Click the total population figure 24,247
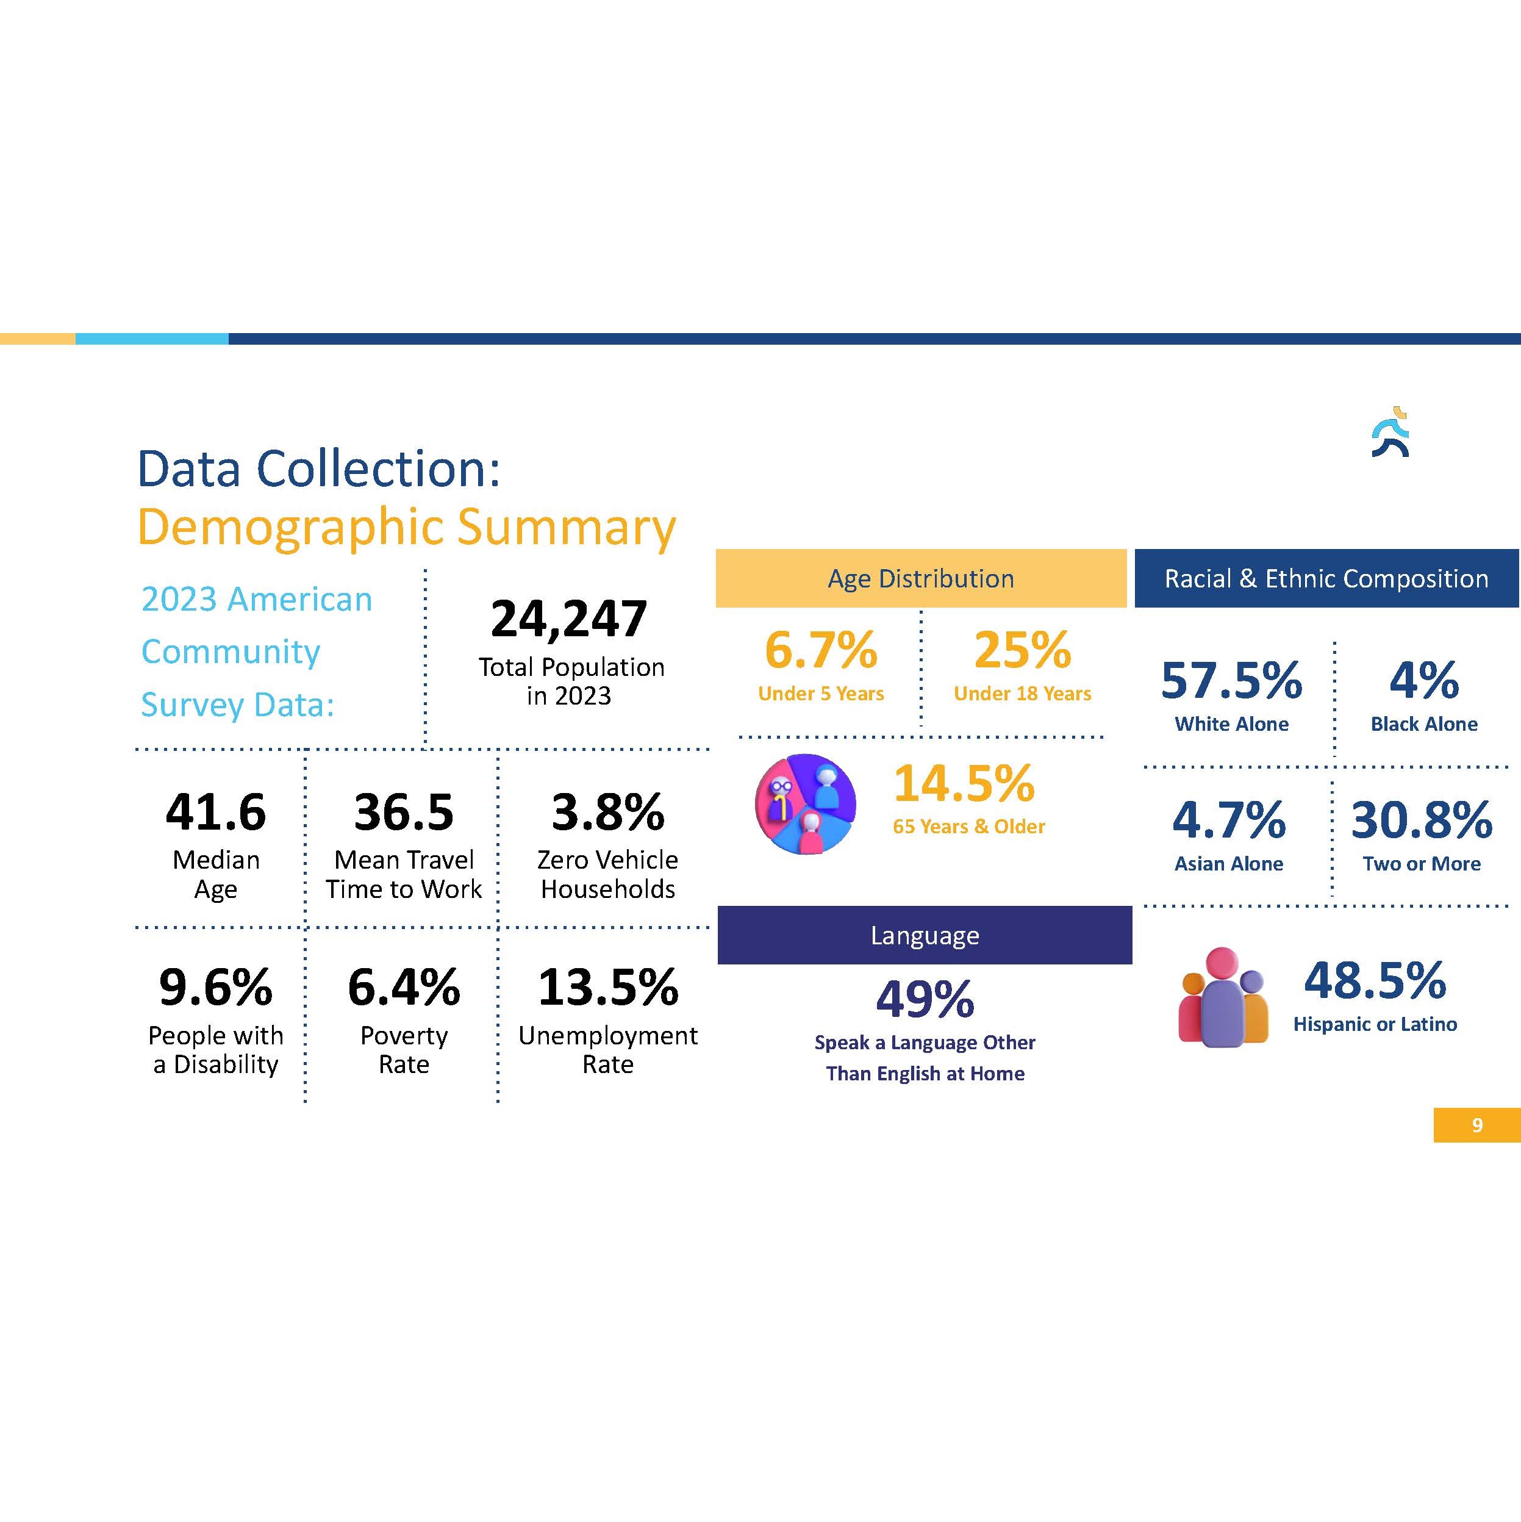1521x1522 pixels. [x=569, y=619]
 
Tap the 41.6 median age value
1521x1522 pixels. [x=216, y=811]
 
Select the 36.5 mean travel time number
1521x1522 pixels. [x=404, y=811]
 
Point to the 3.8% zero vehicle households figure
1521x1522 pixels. [x=608, y=811]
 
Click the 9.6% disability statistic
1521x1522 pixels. [x=216, y=987]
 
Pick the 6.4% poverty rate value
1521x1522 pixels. [x=404, y=987]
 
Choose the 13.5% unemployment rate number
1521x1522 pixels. [x=608, y=987]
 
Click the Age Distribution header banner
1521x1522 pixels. [x=921, y=578]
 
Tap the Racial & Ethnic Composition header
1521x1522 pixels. [x=1326, y=578]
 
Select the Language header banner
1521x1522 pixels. [x=925, y=935]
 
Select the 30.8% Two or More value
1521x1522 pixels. [x=1422, y=820]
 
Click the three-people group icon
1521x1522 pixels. [x=1223, y=997]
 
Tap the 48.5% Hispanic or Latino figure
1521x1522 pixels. [x=1375, y=981]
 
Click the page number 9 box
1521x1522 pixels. [x=1477, y=1125]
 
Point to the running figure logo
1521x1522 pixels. [x=1391, y=433]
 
